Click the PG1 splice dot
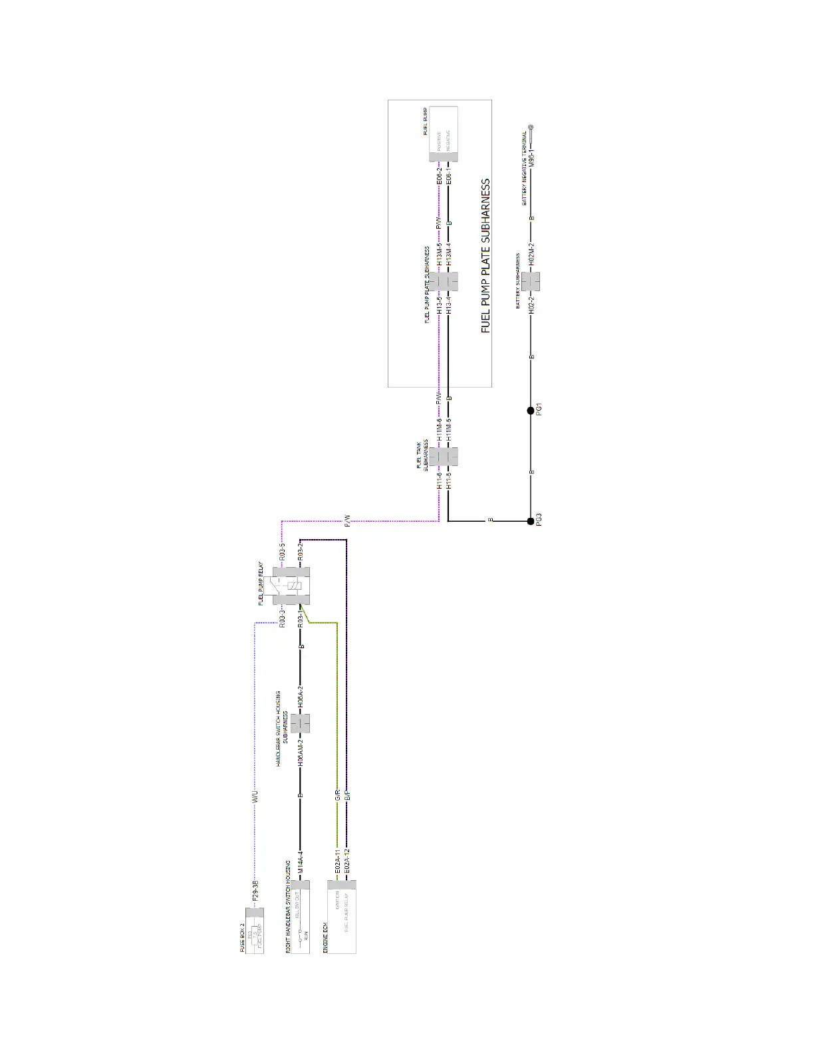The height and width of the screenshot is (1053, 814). (x=530, y=411)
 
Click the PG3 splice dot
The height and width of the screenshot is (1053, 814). (x=530, y=521)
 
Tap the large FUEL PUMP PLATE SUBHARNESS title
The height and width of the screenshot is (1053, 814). (x=485, y=256)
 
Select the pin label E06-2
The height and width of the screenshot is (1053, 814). (x=439, y=175)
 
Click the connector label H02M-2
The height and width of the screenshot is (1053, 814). (x=531, y=254)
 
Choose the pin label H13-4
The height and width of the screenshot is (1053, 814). (x=448, y=305)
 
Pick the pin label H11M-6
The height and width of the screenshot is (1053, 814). (x=439, y=430)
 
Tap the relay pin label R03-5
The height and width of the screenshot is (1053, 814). (x=282, y=553)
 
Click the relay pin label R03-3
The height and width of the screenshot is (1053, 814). (x=282, y=616)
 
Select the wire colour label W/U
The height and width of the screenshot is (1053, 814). (x=255, y=796)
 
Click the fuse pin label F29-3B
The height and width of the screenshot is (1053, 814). (x=255, y=891)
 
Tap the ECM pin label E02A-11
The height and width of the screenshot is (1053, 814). (x=337, y=861)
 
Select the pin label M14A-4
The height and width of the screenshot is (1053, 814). (x=300, y=862)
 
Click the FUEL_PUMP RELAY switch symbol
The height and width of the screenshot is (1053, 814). (x=292, y=585)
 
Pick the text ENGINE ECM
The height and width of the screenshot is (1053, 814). (x=325, y=937)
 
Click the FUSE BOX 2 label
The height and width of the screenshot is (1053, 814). (x=242, y=937)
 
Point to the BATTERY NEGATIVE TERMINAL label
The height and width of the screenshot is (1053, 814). (x=524, y=168)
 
